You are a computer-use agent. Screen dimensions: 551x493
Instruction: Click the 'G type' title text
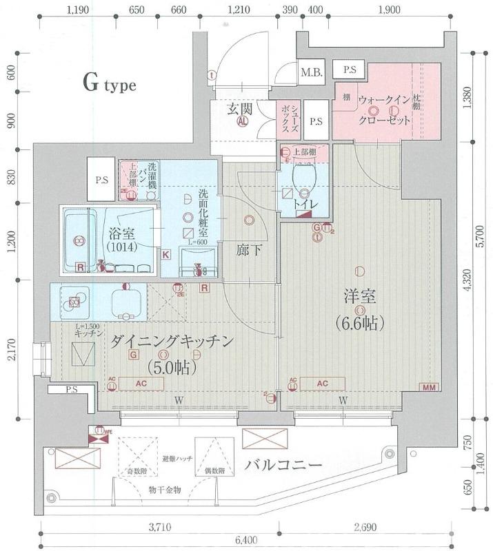point(110,85)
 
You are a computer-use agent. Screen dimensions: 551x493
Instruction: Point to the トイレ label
point(303,204)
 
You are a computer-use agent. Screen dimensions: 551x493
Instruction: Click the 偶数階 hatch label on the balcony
point(215,471)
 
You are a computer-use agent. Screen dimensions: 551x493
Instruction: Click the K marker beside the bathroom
point(166,255)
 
